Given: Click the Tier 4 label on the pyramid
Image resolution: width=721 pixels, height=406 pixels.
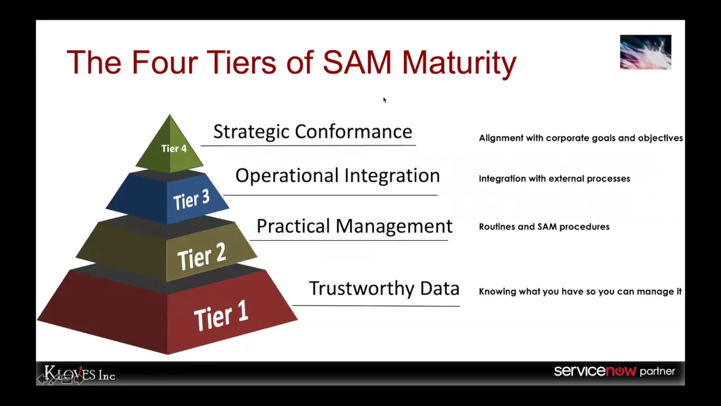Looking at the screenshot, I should tap(173, 148).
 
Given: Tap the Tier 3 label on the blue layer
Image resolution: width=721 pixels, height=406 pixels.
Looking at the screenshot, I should tap(191, 200).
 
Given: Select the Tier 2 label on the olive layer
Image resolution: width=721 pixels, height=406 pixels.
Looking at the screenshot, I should tap(201, 257).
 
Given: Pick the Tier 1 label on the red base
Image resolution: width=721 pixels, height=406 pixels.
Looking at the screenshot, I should tap(221, 316).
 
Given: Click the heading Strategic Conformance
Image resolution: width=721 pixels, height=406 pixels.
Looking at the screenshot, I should tap(313, 131).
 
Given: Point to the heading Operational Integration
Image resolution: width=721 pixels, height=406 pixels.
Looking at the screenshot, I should tap(337, 175).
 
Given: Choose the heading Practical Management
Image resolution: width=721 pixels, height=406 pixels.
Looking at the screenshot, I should tap(354, 226).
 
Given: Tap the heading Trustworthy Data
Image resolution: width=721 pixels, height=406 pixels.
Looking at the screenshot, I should tap(384, 288).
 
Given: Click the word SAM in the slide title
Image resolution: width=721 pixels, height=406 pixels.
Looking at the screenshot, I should tap(357, 62).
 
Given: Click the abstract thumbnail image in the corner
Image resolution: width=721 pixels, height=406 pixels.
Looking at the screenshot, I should tap(646, 52).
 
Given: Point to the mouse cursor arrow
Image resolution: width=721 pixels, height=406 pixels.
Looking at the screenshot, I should tap(385, 100).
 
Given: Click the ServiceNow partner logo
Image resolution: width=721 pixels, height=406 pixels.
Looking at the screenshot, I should tap(614, 371).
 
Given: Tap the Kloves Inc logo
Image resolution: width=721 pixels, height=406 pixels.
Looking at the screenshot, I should tap(79, 374).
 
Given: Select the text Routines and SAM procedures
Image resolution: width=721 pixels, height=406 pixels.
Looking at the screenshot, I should tap(544, 227).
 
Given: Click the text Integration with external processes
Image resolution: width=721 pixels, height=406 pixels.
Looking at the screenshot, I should tap(554, 179).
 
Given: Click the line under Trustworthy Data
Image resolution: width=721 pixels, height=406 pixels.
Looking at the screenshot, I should tap(376, 306).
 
